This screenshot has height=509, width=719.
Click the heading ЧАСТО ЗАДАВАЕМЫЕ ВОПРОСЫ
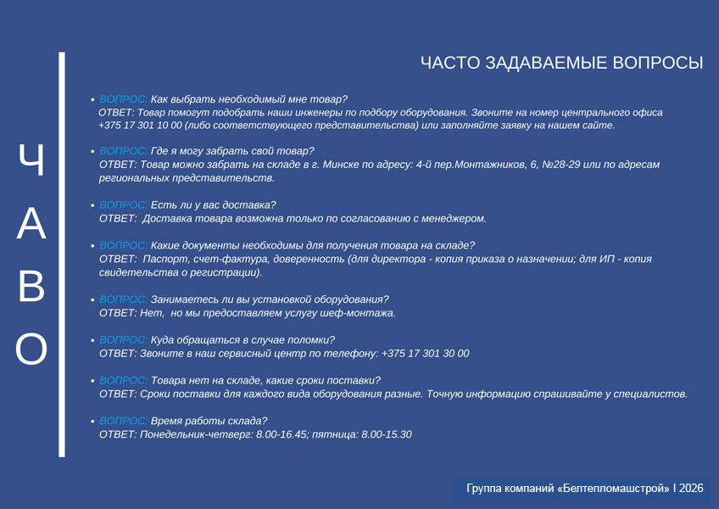pyautogui.click(x=561, y=63)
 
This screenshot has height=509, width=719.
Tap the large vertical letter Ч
pyautogui.click(x=32, y=159)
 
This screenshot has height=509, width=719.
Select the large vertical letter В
pyautogui.click(x=31, y=287)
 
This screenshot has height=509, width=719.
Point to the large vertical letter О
pyautogui.click(x=31, y=350)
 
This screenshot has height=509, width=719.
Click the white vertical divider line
pyautogui.click(x=62, y=255)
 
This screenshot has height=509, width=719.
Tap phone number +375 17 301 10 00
pyautogui.click(x=140, y=126)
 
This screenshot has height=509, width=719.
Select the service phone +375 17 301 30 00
pyautogui.click(x=425, y=354)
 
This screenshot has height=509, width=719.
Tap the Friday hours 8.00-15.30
pyautogui.click(x=387, y=434)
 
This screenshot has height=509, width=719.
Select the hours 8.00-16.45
pyautogui.click(x=281, y=434)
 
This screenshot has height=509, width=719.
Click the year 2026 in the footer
pyautogui.click(x=691, y=488)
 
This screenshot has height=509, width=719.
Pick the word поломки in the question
pyautogui.click(x=315, y=340)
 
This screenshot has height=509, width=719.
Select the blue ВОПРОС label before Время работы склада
pyautogui.click(x=123, y=421)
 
